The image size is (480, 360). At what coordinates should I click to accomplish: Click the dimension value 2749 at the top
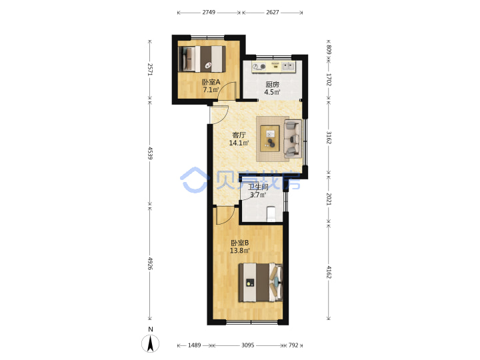[x=209, y=12]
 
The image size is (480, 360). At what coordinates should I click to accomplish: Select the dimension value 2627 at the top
[x=273, y=12]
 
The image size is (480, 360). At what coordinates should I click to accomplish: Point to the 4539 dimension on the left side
[x=150, y=153]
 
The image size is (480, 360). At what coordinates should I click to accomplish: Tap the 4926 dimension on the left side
[x=150, y=263]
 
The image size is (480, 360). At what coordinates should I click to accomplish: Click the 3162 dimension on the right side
[x=329, y=138]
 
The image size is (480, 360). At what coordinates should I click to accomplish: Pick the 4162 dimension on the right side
[x=329, y=272]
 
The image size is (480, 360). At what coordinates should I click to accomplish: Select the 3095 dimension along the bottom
[x=247, y=345]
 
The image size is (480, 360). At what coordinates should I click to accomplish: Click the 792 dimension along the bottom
[x=293, y=345]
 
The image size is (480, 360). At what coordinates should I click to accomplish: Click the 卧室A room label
[x=211, y=82]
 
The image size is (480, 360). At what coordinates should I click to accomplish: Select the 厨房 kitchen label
[x=272, y=84]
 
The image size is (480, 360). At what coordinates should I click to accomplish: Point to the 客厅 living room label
[x=239, y=135]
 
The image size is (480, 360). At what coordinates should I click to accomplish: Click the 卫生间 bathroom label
[x=258, y=187]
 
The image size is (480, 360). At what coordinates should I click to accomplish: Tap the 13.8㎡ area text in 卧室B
[x=240, y=251]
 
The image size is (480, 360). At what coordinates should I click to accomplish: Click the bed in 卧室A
[x=202, y=59]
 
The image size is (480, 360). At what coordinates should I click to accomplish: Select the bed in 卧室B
[x=261, y=282]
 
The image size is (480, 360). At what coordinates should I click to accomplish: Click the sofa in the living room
[x=293, y=139]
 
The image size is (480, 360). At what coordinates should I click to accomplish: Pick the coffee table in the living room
[x=270, y=139]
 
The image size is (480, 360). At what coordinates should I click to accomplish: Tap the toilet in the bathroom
[x=271, y=214]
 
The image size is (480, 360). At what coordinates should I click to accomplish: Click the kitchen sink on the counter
[x=288, y=66]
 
